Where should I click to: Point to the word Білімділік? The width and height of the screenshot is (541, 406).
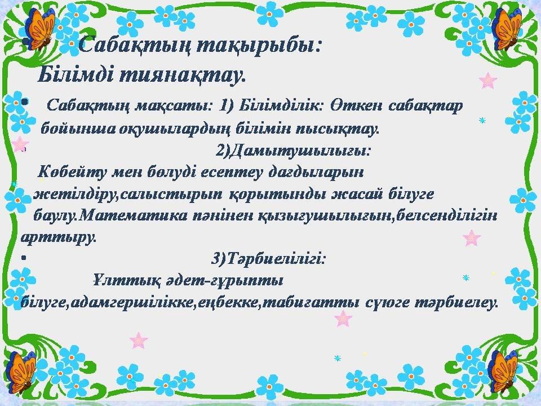(280, 105)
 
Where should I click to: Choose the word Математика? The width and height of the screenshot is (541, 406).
(134, 216)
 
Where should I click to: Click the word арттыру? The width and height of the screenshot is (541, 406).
(58, 238)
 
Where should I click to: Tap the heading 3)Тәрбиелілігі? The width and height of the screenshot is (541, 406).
(268, 258)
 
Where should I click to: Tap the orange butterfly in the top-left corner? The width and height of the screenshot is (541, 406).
(39, 28)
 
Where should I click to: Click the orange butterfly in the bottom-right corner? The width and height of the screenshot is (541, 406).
(504, 371)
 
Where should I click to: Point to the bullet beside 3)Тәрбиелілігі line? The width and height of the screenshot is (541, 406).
(24, 258)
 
